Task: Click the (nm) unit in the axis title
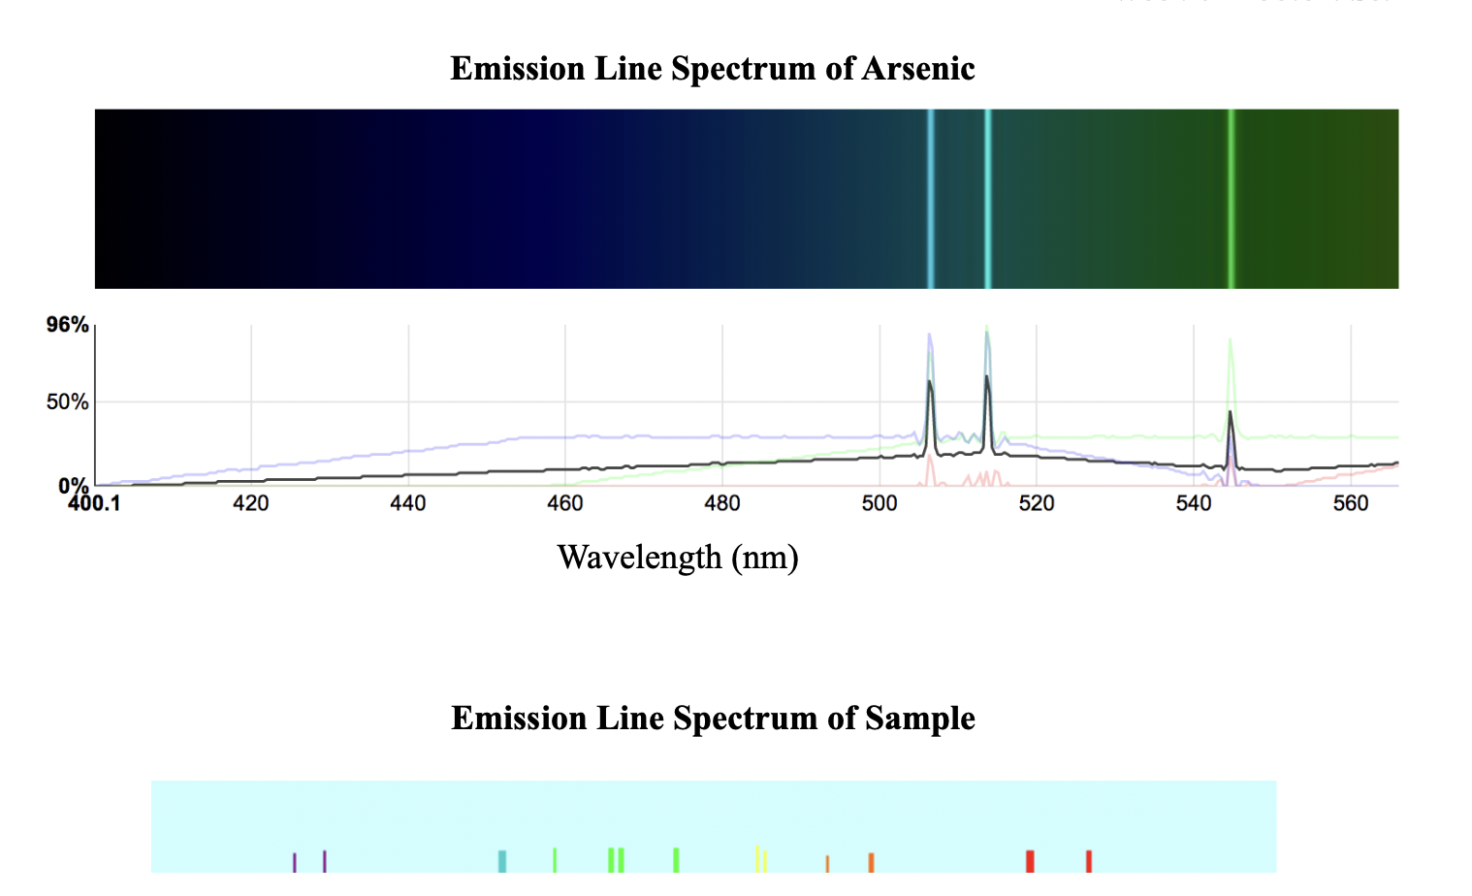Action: [x=764, y=558]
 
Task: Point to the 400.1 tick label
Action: [x=94, y=503]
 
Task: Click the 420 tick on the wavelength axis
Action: [x=251, y=503]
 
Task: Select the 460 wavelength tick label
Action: [x=565, y=503]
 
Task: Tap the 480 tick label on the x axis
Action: [x=722, y=503]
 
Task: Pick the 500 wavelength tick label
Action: [x=880, y=503]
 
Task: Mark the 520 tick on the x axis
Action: [x=1037, y=503]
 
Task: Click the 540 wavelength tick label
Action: [x=1194, y=503]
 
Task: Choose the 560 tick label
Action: [x=1351, y=503]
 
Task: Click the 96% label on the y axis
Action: [x=67, y=325]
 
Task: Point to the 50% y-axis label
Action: [x=67, y=401]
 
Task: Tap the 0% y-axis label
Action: [x=73, y=484]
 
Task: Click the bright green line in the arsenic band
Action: [x=1231, y=199]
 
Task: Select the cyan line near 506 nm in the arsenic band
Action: [x=931, y=199]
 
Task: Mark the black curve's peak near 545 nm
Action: [x=1230, y=413]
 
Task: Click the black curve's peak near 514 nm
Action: [x=987, y=377]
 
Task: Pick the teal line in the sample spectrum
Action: [x=502, y=861]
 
